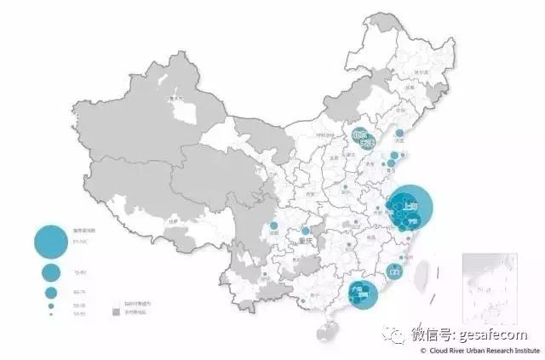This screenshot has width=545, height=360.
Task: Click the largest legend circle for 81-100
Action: click(x=51, y=242)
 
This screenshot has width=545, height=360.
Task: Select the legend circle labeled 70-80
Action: click(x=51, y=273)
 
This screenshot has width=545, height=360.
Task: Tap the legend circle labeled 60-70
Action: click(x=51, y=291)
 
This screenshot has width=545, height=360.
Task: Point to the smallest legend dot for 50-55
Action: click(x=51, y=314)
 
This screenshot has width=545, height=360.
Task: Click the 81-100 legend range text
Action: click(x=81, y=243)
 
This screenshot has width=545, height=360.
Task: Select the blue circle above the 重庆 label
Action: click(x=306, y=231)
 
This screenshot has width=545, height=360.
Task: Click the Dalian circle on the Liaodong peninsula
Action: click(x=399, y=133)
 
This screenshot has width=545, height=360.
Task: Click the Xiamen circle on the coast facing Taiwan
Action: click(x=394, y=271)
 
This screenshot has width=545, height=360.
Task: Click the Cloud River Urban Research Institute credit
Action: click(x=485, y=350)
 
